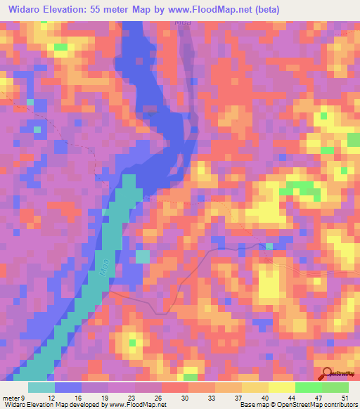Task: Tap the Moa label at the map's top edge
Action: pyautogui.click(x=182, y=22)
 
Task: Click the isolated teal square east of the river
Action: pyautogui.click(x=142, y=257)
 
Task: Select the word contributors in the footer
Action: pyautogui.click(x=333, y=404)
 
